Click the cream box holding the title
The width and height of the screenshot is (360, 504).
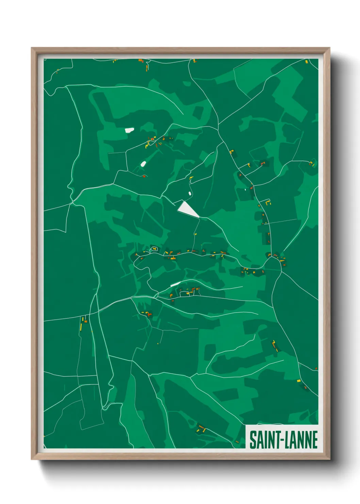[x=282, y=437]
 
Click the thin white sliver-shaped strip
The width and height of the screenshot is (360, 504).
[x=176, y=284]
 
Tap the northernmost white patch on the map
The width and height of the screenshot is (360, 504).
[x=129, y=130]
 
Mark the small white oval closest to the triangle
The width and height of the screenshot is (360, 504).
[x=189, y=193]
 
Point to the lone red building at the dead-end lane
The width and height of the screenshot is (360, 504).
[x=144, y=176]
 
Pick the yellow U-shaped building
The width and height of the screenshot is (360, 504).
[x=268, y=203]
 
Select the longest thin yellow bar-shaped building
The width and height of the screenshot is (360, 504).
[x=81, y=327]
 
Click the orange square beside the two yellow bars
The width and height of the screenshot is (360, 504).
[x=86, y=321]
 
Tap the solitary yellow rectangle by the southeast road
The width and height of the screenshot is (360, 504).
[x=299, y=380]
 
